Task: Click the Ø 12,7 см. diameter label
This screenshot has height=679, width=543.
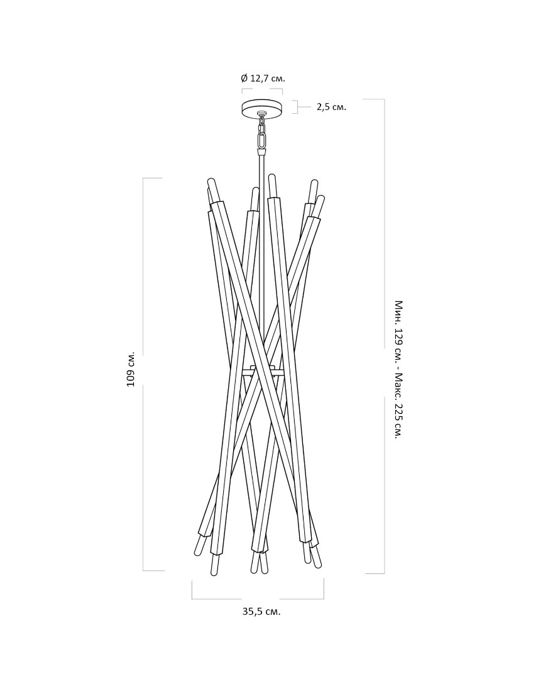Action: (x=263, y=79)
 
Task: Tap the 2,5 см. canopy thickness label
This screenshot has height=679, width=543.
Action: (x=331, y=107)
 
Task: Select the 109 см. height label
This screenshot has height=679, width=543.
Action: (x=131, y=369)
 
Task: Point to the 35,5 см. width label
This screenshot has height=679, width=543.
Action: (x=261, y=612)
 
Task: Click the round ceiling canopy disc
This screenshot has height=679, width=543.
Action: (x=262, y=108)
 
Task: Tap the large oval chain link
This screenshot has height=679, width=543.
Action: (x=261, y=140)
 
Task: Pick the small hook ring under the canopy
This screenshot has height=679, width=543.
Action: (x=261, y=115)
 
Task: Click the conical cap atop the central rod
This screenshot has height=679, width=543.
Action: (x=261, y=152)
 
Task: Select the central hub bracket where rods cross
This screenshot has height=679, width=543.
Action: (x=261, y=371)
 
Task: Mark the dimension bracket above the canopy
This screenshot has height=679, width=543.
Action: (x=262, y=91)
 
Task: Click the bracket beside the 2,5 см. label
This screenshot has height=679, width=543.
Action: (x=295, y=107)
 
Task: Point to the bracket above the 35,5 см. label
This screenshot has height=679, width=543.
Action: (x=258, y=590)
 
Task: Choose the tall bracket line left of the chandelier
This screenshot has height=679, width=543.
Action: (x=153, y=374)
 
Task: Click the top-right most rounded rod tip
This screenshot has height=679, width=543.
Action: (x=321, y=199)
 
